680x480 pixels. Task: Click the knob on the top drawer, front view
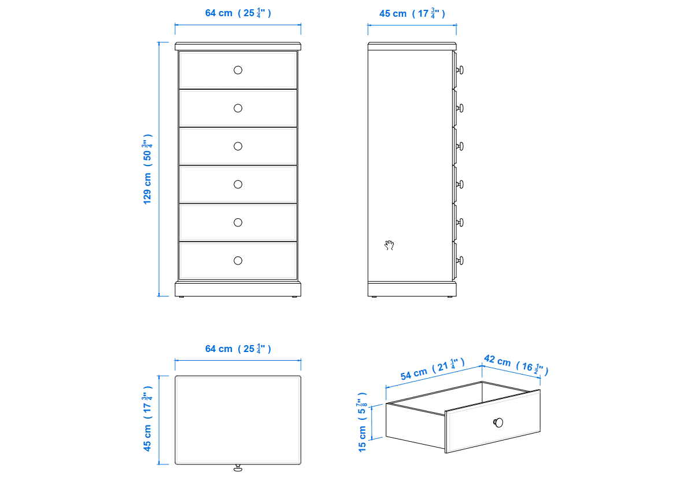point(238,70)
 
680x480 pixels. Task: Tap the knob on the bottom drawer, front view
point(238,261)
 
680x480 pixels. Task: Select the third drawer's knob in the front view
point(238,146)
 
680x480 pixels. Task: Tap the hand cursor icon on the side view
point(389,245)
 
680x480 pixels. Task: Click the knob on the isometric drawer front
point(498,422)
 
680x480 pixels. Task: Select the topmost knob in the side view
point(460,70)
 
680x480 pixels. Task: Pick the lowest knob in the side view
point(460,261)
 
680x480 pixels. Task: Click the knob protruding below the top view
point(238,468)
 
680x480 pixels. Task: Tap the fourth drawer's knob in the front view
point(238,185)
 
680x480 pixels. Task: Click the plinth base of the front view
point(238,289)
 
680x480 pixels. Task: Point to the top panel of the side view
point(412,46)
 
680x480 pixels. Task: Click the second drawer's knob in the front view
point(238,108)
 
